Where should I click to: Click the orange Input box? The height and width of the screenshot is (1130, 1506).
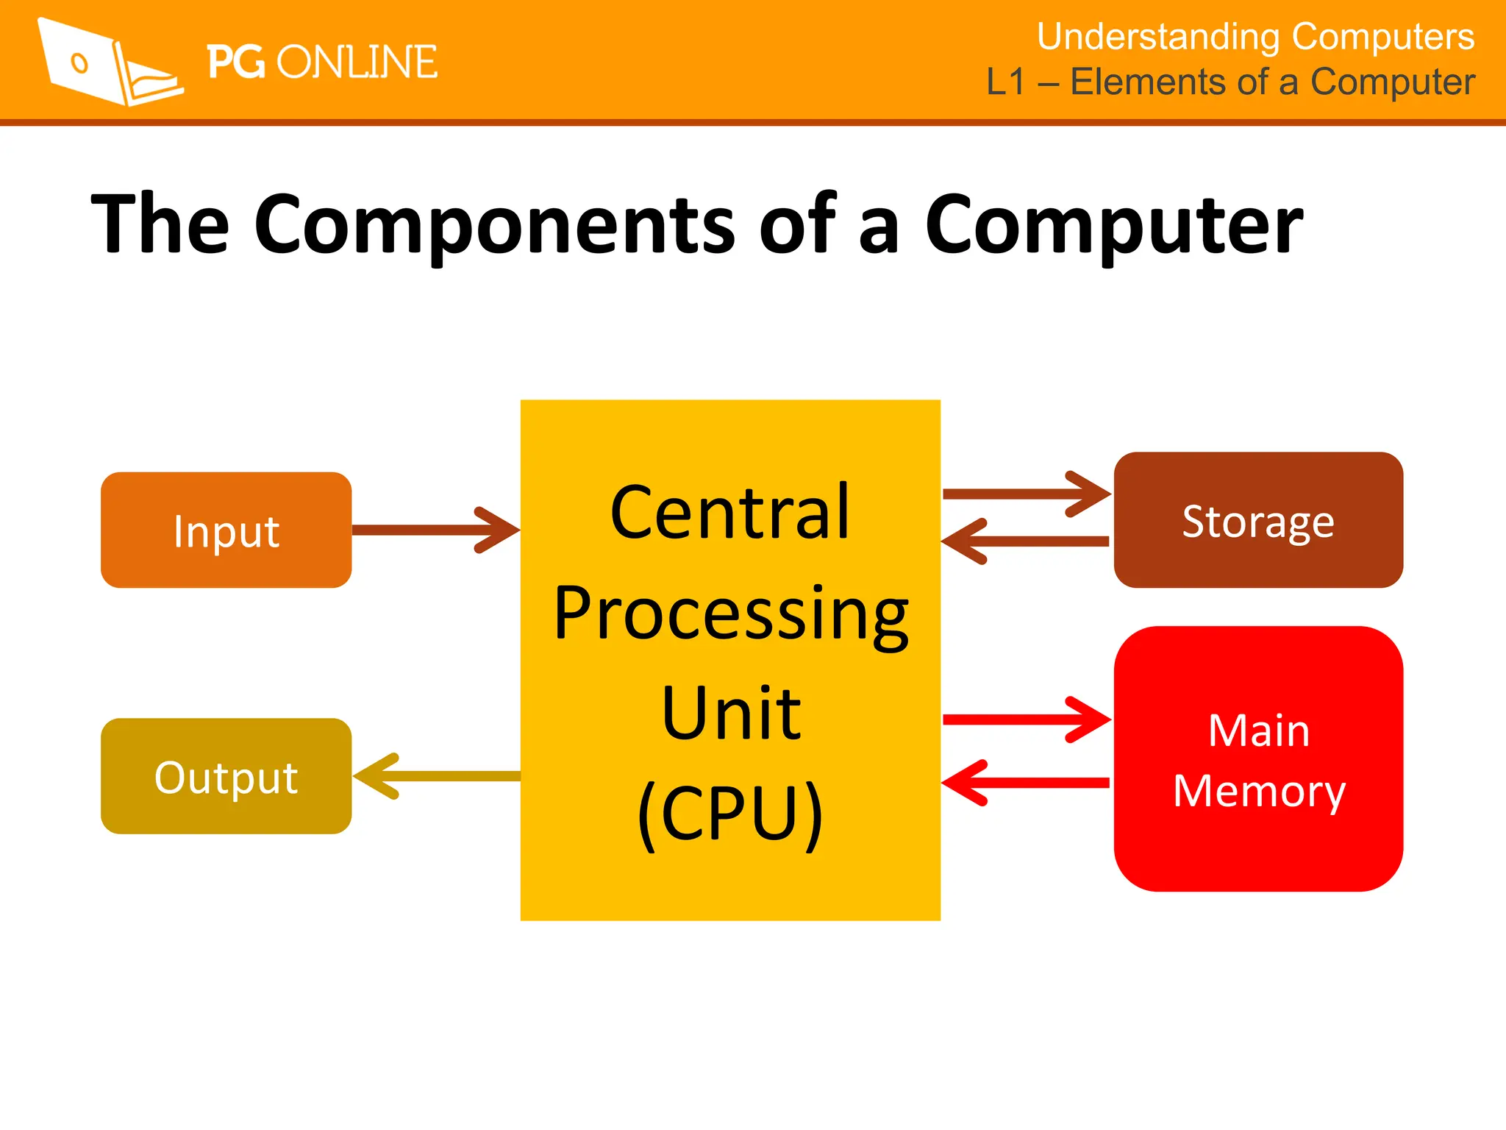point(226,530)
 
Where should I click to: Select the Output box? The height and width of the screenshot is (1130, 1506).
point(226,775)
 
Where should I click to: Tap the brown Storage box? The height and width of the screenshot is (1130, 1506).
point(1257,520)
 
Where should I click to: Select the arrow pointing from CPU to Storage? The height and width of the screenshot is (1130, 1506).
point(1026,494)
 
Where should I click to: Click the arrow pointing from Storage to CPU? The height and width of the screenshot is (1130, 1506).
point(1026,541)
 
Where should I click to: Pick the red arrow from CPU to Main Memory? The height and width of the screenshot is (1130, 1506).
point(1026,719)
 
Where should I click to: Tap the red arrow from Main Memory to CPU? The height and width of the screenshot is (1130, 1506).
point(1026,783)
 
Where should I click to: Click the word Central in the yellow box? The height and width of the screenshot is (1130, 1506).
point(729,512)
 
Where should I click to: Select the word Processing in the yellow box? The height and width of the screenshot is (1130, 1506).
point(731,614)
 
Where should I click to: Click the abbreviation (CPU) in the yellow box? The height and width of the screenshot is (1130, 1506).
point(729,814)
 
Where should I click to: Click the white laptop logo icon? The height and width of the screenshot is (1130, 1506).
point(110,63)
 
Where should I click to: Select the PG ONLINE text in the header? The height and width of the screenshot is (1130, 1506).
point(321,62)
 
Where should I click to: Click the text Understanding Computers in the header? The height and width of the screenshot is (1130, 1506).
point(1255,37)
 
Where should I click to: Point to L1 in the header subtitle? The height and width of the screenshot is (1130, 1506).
point(1005,82)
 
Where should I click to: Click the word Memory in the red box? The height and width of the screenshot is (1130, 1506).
point(1259,792)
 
